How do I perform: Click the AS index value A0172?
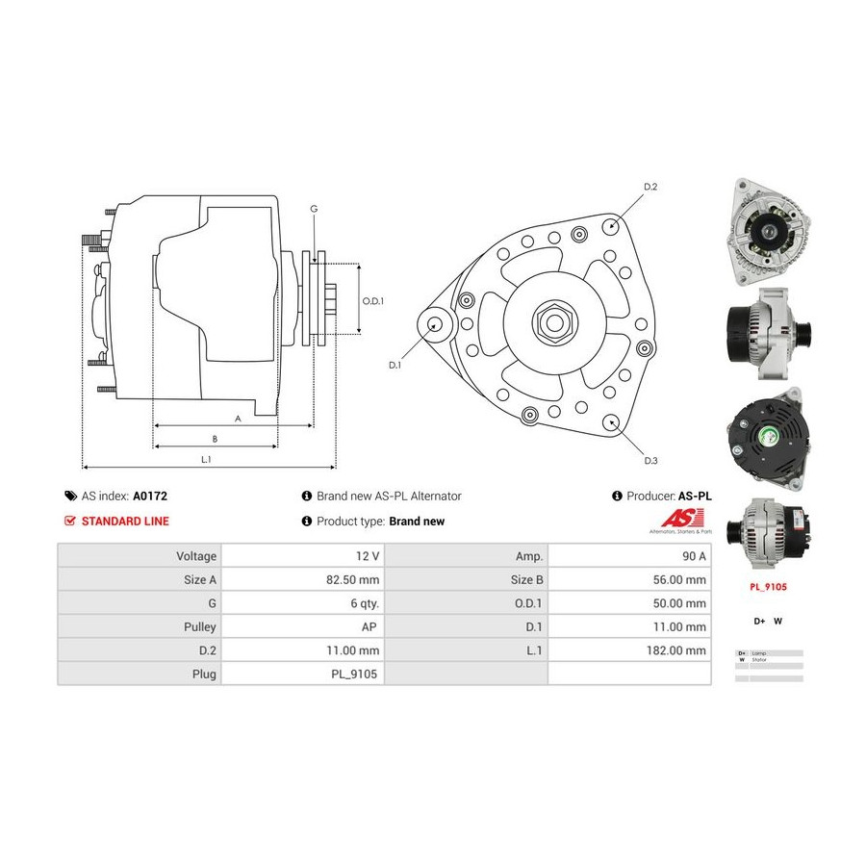[149, 497]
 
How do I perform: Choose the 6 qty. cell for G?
[363, 603]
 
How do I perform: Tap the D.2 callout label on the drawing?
[649, 187]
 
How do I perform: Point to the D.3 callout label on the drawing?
[650, 461]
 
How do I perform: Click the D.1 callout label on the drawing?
[395, 366]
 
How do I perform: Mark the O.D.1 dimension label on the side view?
[372, 301]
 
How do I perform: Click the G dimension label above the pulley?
[314, 209]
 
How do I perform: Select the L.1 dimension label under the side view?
[206, 459]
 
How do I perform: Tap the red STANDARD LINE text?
[125, 522]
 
